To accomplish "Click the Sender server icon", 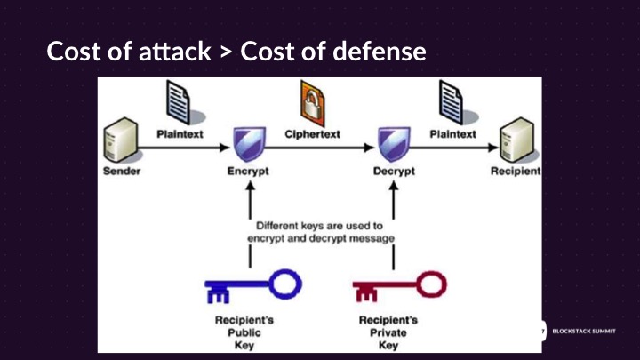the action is (x=120, y=140).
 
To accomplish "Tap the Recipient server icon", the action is (x=517, y=140).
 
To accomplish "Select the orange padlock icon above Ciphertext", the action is (x=313, y=103).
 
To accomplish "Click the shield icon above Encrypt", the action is (x=249, y=144).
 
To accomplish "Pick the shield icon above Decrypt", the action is (x=394, y=144).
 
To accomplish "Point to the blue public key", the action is (x=252, y=285).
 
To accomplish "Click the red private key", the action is (x=400, y=285).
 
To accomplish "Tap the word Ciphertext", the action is (x=312, y=134).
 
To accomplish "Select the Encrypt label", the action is (x=248, y=172).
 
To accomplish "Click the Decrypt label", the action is (x=394, y=172).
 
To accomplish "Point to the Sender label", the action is (x=122, y=171).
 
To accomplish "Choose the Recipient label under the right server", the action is (x=516, y=171).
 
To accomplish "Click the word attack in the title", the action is (x=175, y=52).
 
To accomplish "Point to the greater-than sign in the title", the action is (x=226, y=52).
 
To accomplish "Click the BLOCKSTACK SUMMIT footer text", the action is (x=584, y=331).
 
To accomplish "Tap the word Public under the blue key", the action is (x=244, y=332).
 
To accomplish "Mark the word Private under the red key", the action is (x=388, y=332).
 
